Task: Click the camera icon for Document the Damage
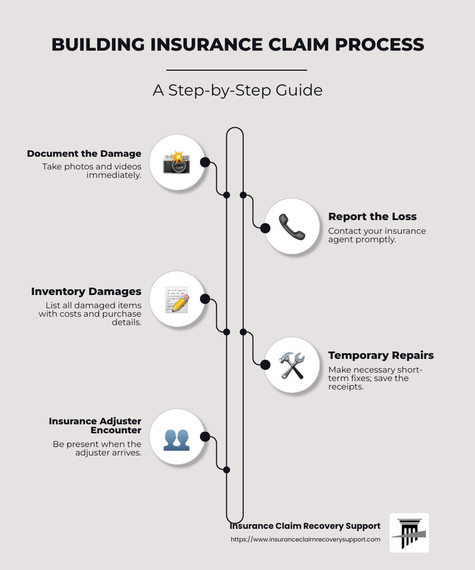pos(176,163)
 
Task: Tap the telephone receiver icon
pos(291,227)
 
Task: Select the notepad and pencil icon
pos(176,300)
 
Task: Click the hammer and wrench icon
pos(291,365)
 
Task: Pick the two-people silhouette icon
pos(176,438)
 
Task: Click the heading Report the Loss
pos(372,216)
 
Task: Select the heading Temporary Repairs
pos(381,355)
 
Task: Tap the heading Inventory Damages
pos(86,291)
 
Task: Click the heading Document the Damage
pos(84,154)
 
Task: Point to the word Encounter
pos(116,430)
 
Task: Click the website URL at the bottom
pos(305,539)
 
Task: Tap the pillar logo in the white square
pos(409,533)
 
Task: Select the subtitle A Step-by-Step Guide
pos(237,90)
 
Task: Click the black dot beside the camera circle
pos(205,162)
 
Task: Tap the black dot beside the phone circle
pos(265,227)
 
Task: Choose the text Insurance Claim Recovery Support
pos(305,526)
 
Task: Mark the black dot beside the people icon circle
pos(205,436)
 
